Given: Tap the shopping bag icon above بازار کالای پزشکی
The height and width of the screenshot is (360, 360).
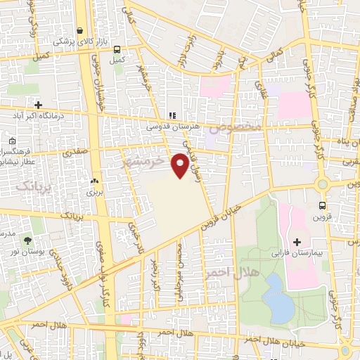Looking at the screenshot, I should click(82, 32).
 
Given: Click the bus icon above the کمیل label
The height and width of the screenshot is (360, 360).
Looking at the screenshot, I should click(116, 49).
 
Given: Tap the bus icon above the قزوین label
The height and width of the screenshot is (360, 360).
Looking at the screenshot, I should click(321, 205).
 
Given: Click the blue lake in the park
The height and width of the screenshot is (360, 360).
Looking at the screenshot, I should click(281, 297).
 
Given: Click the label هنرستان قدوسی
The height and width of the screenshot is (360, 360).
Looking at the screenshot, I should click(169, 127).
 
